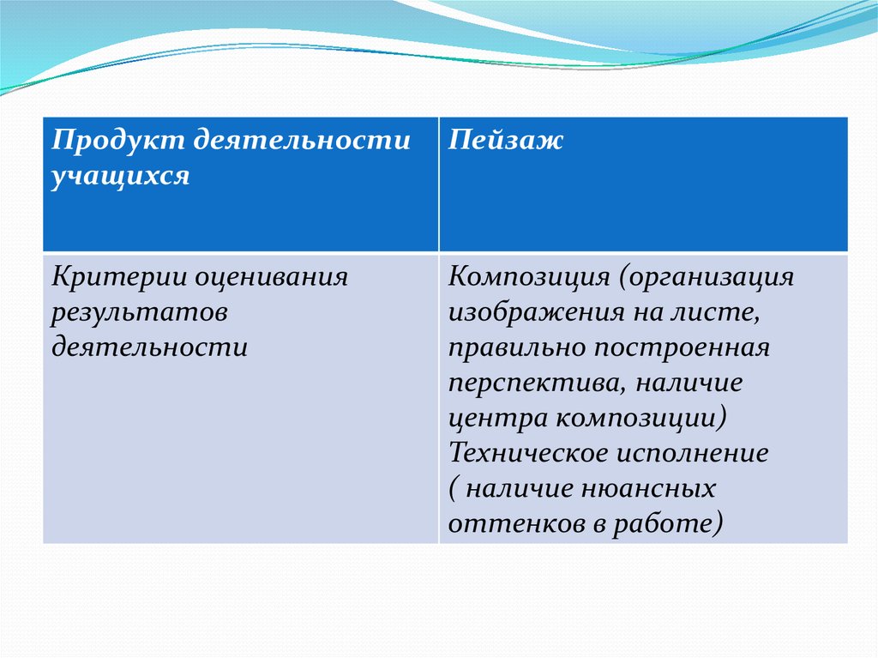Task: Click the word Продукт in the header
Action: (x=118, y=141)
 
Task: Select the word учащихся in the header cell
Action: (x=120, y=176)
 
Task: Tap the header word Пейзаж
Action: (x=505, y=141)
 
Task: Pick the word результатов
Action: (x=140, y=313)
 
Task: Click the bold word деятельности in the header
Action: (x=302, y=139)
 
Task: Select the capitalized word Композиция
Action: (x=528, y=277)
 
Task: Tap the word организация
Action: (x=707, y=278)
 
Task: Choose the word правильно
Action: (x=515, y=348)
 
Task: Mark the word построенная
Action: (x=682, y=348)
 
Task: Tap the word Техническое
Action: (x=527, y=453)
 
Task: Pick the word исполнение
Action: (x=692, y=453)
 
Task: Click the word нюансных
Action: (x=648, y=489)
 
